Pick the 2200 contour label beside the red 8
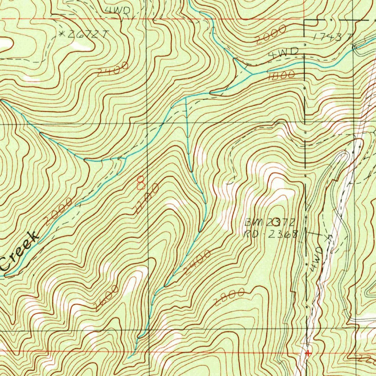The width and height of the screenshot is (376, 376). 147,199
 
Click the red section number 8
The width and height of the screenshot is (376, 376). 140,182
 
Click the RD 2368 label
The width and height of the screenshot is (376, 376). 271,234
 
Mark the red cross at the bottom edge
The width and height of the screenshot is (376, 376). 308,353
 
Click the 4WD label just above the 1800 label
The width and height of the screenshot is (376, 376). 283,54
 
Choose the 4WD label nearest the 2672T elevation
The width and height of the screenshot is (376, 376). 117,11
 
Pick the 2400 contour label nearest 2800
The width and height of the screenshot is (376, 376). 197,262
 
